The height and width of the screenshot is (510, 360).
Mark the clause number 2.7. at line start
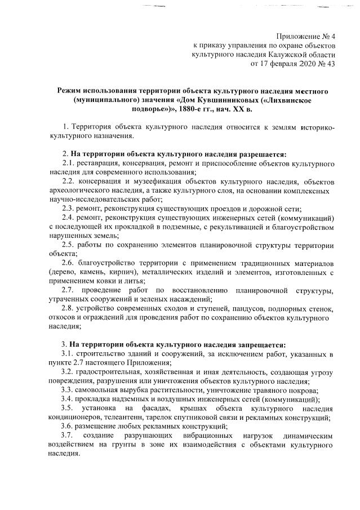click(x=70, y=290)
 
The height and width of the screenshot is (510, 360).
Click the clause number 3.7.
click(x=70, y=436)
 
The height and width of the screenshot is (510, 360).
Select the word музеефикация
click(x=150, y=181)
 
